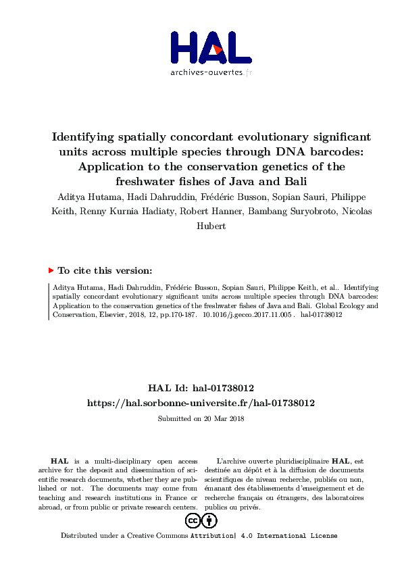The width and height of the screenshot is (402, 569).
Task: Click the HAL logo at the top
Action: tap(210, 48)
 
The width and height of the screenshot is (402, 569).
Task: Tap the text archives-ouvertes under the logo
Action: tap(205, 72)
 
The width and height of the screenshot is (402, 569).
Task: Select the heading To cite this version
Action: tap(105, 270)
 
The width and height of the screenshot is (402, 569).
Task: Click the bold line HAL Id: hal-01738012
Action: tap(201, 388)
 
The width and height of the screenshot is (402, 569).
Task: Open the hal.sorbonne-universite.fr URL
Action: tap(201, 403)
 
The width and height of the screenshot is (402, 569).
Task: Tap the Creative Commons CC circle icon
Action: tap(193, 520)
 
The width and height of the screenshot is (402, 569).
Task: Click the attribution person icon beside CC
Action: tap(210, 520)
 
